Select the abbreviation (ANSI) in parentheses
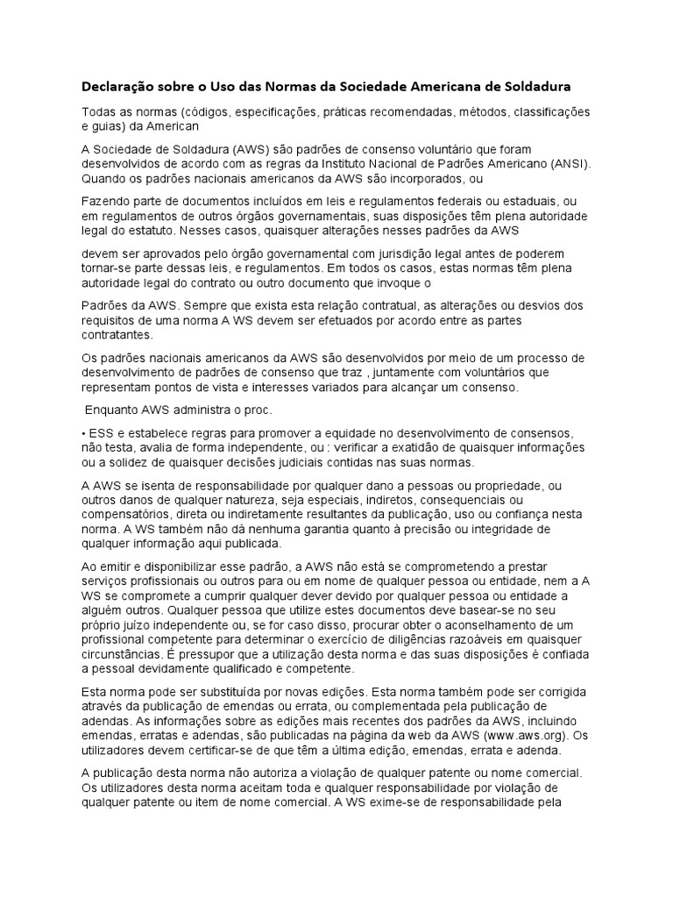[x=565, y=163]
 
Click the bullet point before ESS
[x=83, y=434]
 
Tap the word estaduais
[x=540, y=202]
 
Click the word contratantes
[x=117, y=334]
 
